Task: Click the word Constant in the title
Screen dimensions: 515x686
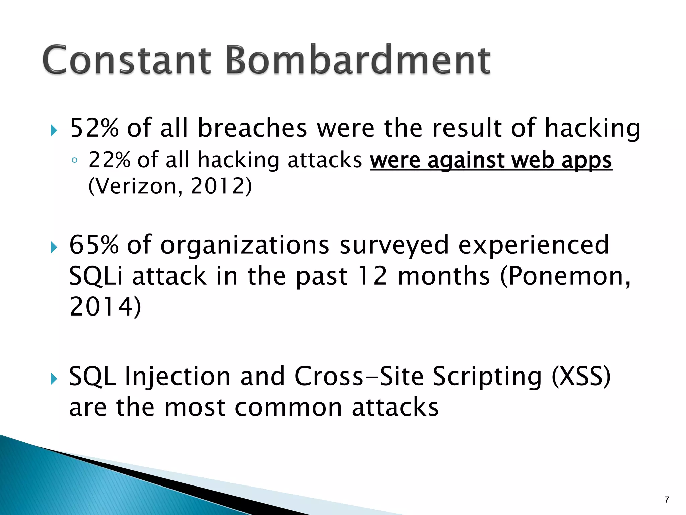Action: tap(127, 60)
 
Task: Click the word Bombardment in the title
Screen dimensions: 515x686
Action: tap(358, 60)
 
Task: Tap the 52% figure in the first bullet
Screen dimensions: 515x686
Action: tap(94, 128)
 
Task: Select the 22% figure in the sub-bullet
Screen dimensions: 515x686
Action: tap(109, 160)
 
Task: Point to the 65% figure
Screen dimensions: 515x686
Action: tap(94, 245)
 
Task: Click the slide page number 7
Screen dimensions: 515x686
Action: tap(667, 500)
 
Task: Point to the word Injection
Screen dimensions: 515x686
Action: tap(178, 376)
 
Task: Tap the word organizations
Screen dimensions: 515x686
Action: tap(245, 245)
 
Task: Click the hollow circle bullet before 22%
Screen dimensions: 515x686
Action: tap(74, 161)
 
